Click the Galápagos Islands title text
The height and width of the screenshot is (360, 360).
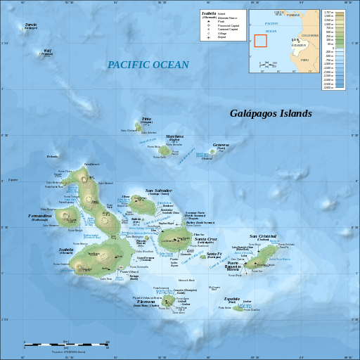coord(271,113)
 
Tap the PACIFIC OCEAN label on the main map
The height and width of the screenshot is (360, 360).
coord(148,65)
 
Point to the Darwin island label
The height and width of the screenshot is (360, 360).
coord(31,25)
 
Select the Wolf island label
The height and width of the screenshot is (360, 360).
coord(48,50)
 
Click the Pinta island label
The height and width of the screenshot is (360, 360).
coord(146,119)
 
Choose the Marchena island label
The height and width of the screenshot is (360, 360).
coord(174,136)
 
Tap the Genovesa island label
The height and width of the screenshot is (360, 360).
coord(221,145)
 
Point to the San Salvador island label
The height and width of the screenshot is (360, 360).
coord(158,191)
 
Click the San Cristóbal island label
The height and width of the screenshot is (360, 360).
coord(263,236)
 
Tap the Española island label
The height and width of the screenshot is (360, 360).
coord(231,298)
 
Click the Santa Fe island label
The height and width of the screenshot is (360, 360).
coord(214,254)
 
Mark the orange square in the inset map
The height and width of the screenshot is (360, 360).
coord(260,40)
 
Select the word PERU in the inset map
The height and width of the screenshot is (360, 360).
coord(304,60)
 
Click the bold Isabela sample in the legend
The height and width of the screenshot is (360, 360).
coord(209,13)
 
